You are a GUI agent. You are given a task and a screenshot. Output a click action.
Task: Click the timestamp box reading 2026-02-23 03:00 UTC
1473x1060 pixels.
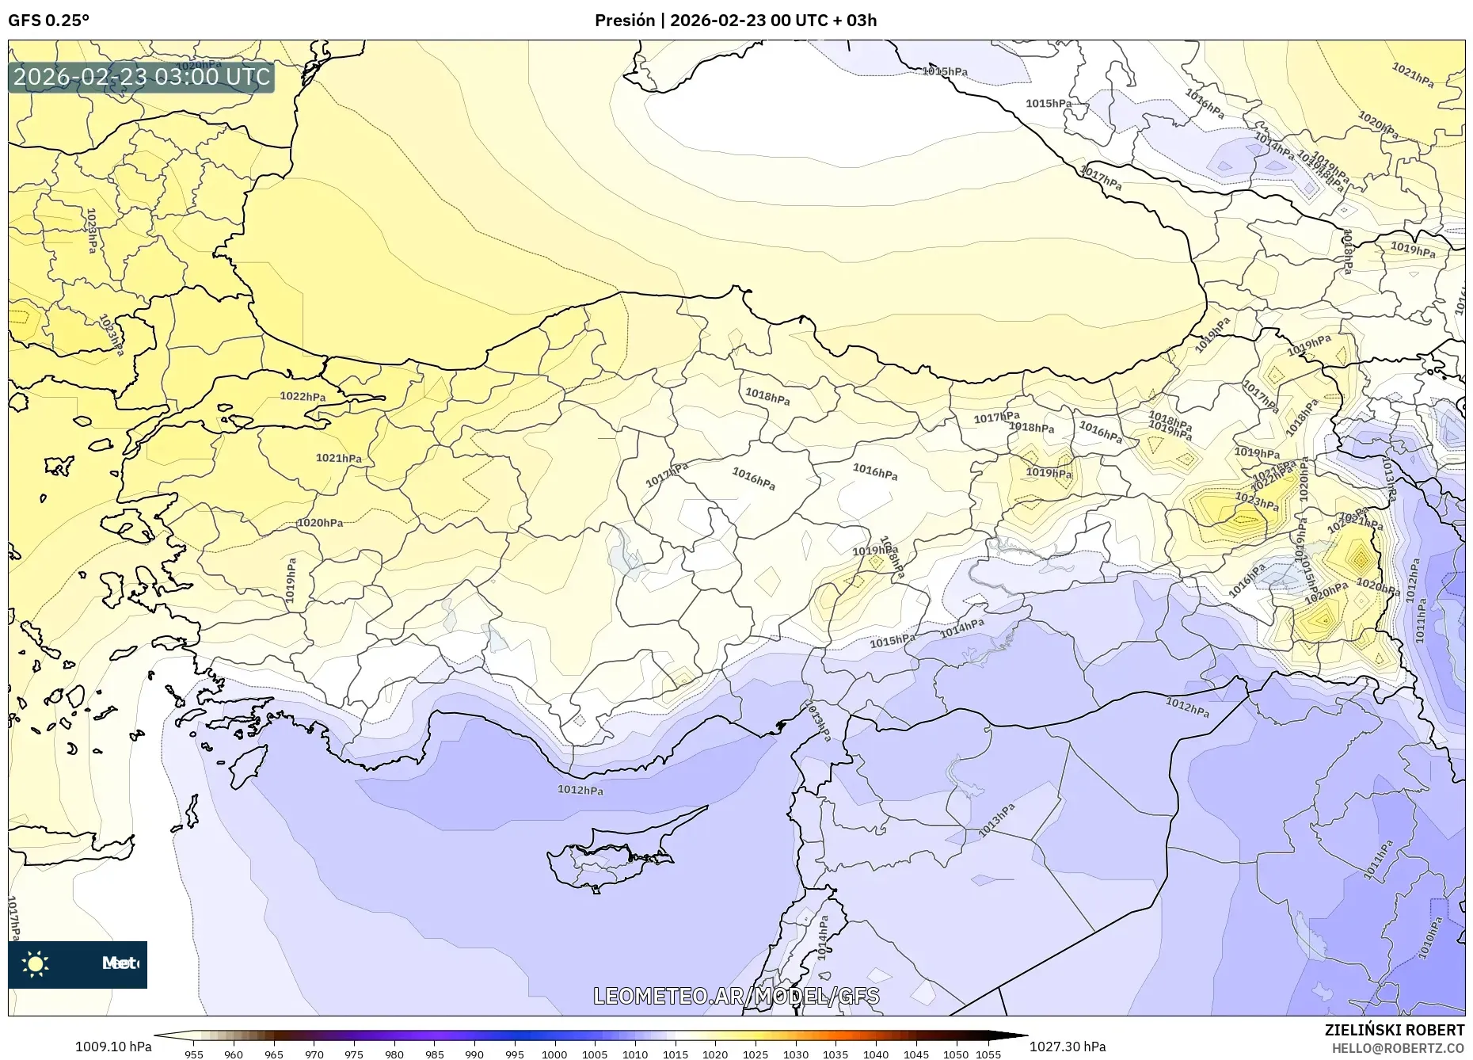pos(142,77)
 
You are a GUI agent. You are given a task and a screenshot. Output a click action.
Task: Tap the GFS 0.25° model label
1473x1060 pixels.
pos(49,21)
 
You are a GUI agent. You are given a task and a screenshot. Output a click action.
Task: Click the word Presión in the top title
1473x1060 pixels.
pos(624,21)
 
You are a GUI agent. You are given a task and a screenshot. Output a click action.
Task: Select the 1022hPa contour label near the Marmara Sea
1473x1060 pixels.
pos(303,397)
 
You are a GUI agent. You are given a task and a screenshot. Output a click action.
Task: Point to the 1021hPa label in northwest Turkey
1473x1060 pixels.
pos(338,458)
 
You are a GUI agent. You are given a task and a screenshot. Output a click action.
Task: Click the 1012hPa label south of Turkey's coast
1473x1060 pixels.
pos(580,790)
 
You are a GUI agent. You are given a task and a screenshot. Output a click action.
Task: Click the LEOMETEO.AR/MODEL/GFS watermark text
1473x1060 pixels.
pos(736,996)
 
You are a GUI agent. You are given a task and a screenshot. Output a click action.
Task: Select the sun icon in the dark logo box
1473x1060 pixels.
pos(36,964)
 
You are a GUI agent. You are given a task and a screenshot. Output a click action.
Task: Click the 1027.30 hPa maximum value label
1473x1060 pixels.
pos(1068,1047)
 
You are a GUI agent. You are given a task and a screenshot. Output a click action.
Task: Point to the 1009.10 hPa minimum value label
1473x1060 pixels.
pos(113,1047)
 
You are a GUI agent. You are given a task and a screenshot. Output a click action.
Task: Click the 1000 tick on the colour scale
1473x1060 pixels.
pos(554,1054)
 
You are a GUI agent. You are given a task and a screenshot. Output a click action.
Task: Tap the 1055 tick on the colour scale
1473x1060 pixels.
pos(988,1054)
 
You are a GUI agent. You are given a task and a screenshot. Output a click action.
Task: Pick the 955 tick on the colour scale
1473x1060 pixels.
pos(194,1054)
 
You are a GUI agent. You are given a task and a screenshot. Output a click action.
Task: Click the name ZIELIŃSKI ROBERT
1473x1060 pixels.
pos(1394,1030)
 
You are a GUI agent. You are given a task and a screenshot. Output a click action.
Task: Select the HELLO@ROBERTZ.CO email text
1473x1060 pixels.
pos(1397,1048)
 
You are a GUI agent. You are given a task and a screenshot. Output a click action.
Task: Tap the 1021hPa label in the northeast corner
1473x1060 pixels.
pos(1413,75)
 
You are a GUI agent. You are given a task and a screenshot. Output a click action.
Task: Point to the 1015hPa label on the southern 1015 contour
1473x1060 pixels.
pos(892,641)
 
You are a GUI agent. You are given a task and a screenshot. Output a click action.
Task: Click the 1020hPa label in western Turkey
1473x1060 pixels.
pos(320,523)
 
